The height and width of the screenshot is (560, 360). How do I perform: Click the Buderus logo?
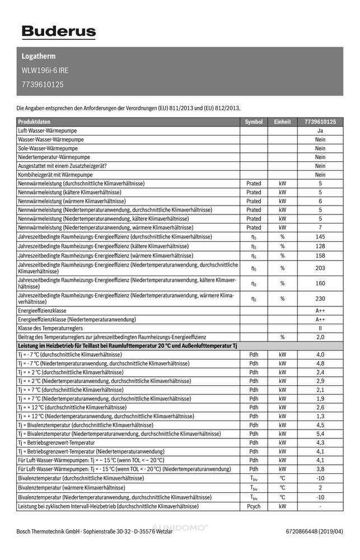tap(58, 32)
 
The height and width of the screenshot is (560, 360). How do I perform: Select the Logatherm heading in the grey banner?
tap(38, 57)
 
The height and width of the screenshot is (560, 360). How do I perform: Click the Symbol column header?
tap(254, 122)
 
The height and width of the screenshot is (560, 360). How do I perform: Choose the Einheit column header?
tap(282, 122)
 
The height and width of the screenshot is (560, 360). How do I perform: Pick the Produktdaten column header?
tap(34, 122)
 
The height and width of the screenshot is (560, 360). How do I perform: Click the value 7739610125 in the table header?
tap(320, 122)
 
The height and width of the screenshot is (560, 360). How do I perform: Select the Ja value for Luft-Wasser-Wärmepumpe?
tap(320, 130)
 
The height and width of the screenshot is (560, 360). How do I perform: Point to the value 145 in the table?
tap(320, 237)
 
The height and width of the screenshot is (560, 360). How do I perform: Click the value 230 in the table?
tap(320, 298)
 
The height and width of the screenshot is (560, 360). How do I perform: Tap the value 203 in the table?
tap(320, 268)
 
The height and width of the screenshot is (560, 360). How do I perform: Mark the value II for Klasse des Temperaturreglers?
tap(320, 328)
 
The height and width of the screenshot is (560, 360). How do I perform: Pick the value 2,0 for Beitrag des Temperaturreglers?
tap(320, 337)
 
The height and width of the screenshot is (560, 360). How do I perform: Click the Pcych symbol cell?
tap(254, 506)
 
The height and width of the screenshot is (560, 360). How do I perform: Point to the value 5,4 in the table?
tap(320, 434)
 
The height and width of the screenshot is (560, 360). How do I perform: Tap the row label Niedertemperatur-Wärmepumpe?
tap(54, 157)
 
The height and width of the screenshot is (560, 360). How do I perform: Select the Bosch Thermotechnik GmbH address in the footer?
tap(95, 531)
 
